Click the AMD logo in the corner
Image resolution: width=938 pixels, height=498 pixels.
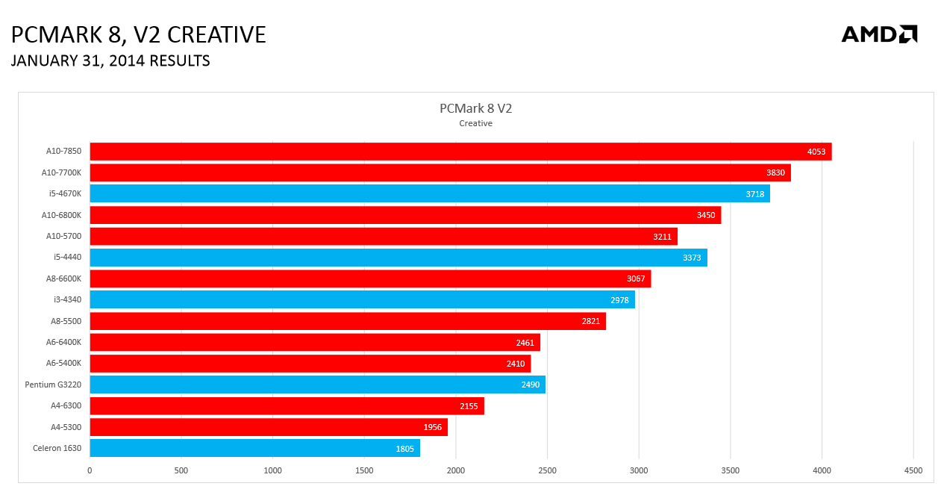(x=879, y=34)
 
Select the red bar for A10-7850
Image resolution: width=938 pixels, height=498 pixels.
(x=460, y=152)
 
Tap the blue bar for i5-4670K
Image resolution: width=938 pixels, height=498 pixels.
(x=430, y=193)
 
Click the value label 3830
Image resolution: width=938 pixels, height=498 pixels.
(x=775, y=172)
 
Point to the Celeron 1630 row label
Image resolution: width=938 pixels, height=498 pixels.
(x=57, y=448)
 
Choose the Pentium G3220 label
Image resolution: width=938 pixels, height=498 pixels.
(x=53, y=385)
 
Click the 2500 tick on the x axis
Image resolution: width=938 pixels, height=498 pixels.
(x=547, y=470)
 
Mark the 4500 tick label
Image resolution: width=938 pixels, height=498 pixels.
(x=913, y=470)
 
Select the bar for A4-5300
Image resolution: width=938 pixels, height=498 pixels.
(x=269, y=427)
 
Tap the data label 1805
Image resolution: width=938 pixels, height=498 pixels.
(x=404, y=449)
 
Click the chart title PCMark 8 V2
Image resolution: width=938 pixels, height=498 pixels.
(x=475, y=108)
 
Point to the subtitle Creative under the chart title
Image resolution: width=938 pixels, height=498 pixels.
(x=475, y=123)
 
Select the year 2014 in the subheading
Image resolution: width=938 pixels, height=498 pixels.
(x=127, y=60)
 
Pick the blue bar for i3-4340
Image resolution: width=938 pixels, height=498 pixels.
(x=362, y=299)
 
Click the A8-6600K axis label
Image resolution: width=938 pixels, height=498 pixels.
(x=63, y=278)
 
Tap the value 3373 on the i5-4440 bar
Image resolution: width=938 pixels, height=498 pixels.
(x=692, y=258)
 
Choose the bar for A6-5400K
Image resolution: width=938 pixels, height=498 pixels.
(x=310, y=363)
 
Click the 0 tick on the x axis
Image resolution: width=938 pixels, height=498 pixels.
(x=90, y=470)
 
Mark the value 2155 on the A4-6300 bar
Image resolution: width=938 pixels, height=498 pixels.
(x=469, y=406)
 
